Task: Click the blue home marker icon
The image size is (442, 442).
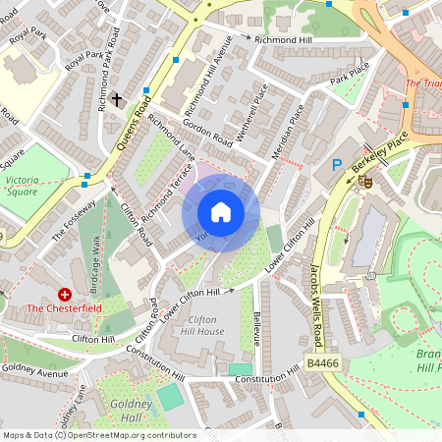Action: point(221,212)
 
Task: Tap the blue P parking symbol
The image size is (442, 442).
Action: point(337,166)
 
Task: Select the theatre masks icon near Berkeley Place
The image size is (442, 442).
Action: point(365,181)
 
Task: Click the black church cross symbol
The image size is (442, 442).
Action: point(117,99)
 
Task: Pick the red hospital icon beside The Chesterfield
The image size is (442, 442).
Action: point(66,294)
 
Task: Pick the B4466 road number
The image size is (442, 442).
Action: point(323,364)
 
